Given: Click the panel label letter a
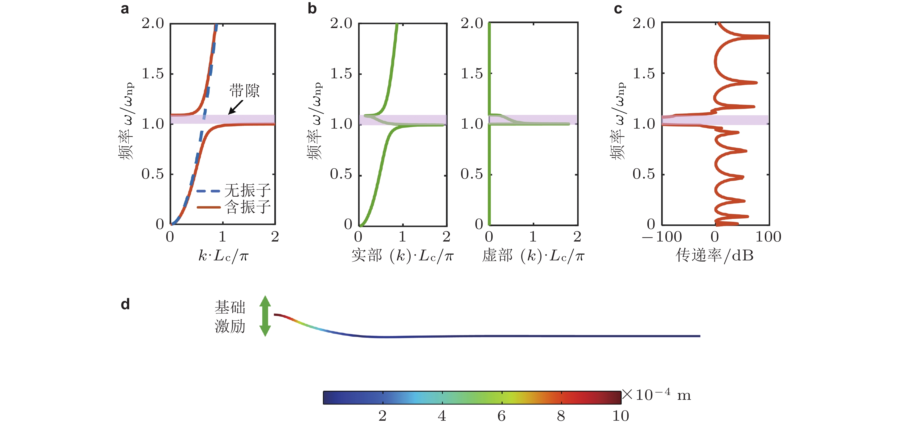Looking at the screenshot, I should (x=125, y=9).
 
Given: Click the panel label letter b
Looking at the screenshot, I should (x=312, y=9).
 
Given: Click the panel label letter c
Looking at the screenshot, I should (x=618, y=9).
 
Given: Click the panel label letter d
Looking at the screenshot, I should (x=125, y=304).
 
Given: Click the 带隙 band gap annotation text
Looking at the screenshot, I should (x=244, y=91).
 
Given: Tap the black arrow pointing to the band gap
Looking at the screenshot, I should (x=236, y=107).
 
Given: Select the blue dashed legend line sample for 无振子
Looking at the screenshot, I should (x=208, y=191).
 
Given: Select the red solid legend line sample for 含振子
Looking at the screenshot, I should (x=208, y=207).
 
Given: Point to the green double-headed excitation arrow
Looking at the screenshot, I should (x=265, y=316).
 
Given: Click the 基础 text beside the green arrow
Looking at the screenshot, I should (x=230, y=308).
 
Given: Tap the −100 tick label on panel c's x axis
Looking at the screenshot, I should (x=662, y=237).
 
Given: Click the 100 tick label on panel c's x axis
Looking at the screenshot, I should (x=768, y=237).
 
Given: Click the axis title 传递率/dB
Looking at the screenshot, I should (x=715, y=256).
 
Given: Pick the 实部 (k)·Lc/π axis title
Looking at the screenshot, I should (x=402, y=256).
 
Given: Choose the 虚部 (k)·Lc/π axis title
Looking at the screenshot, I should (x=533, y=256).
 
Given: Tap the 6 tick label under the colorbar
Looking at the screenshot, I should (x=501, y=416).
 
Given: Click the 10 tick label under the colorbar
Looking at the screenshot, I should (x=621, y=416).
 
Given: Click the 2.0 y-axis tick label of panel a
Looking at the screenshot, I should (x=153, y=24).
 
